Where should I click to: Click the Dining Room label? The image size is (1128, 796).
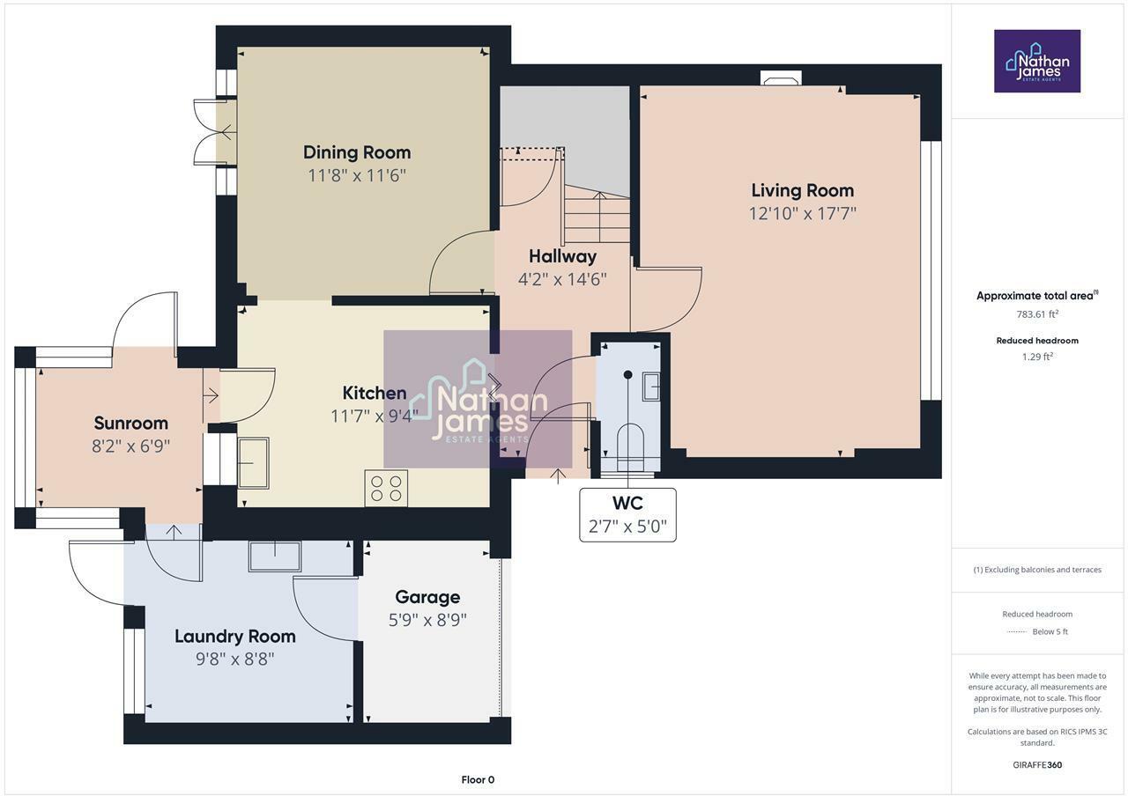(357, 152)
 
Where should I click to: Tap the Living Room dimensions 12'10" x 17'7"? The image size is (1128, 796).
(802, 213)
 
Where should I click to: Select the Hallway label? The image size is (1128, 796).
(562, 256)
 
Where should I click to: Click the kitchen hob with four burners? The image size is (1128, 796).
(386, 489)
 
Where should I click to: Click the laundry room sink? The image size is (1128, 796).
(275, 556)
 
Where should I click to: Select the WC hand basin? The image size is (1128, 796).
(651, 386)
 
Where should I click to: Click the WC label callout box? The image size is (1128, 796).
(627, 515)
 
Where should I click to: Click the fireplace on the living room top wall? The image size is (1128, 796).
(781, 79)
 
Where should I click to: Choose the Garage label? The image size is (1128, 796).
(427, 597)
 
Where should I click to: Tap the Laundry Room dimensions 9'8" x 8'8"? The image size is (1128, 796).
(235, 659)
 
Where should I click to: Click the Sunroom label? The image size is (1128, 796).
(130, 424)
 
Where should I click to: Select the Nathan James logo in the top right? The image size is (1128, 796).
(1037, 61)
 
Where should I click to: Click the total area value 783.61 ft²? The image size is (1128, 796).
(1037, 313)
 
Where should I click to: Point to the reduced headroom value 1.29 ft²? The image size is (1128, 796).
(1037, 357)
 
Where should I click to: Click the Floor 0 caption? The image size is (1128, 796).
(478, 779)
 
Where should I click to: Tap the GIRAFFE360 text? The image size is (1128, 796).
(1037, 764)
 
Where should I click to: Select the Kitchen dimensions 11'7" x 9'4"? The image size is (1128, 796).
(374, 416)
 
